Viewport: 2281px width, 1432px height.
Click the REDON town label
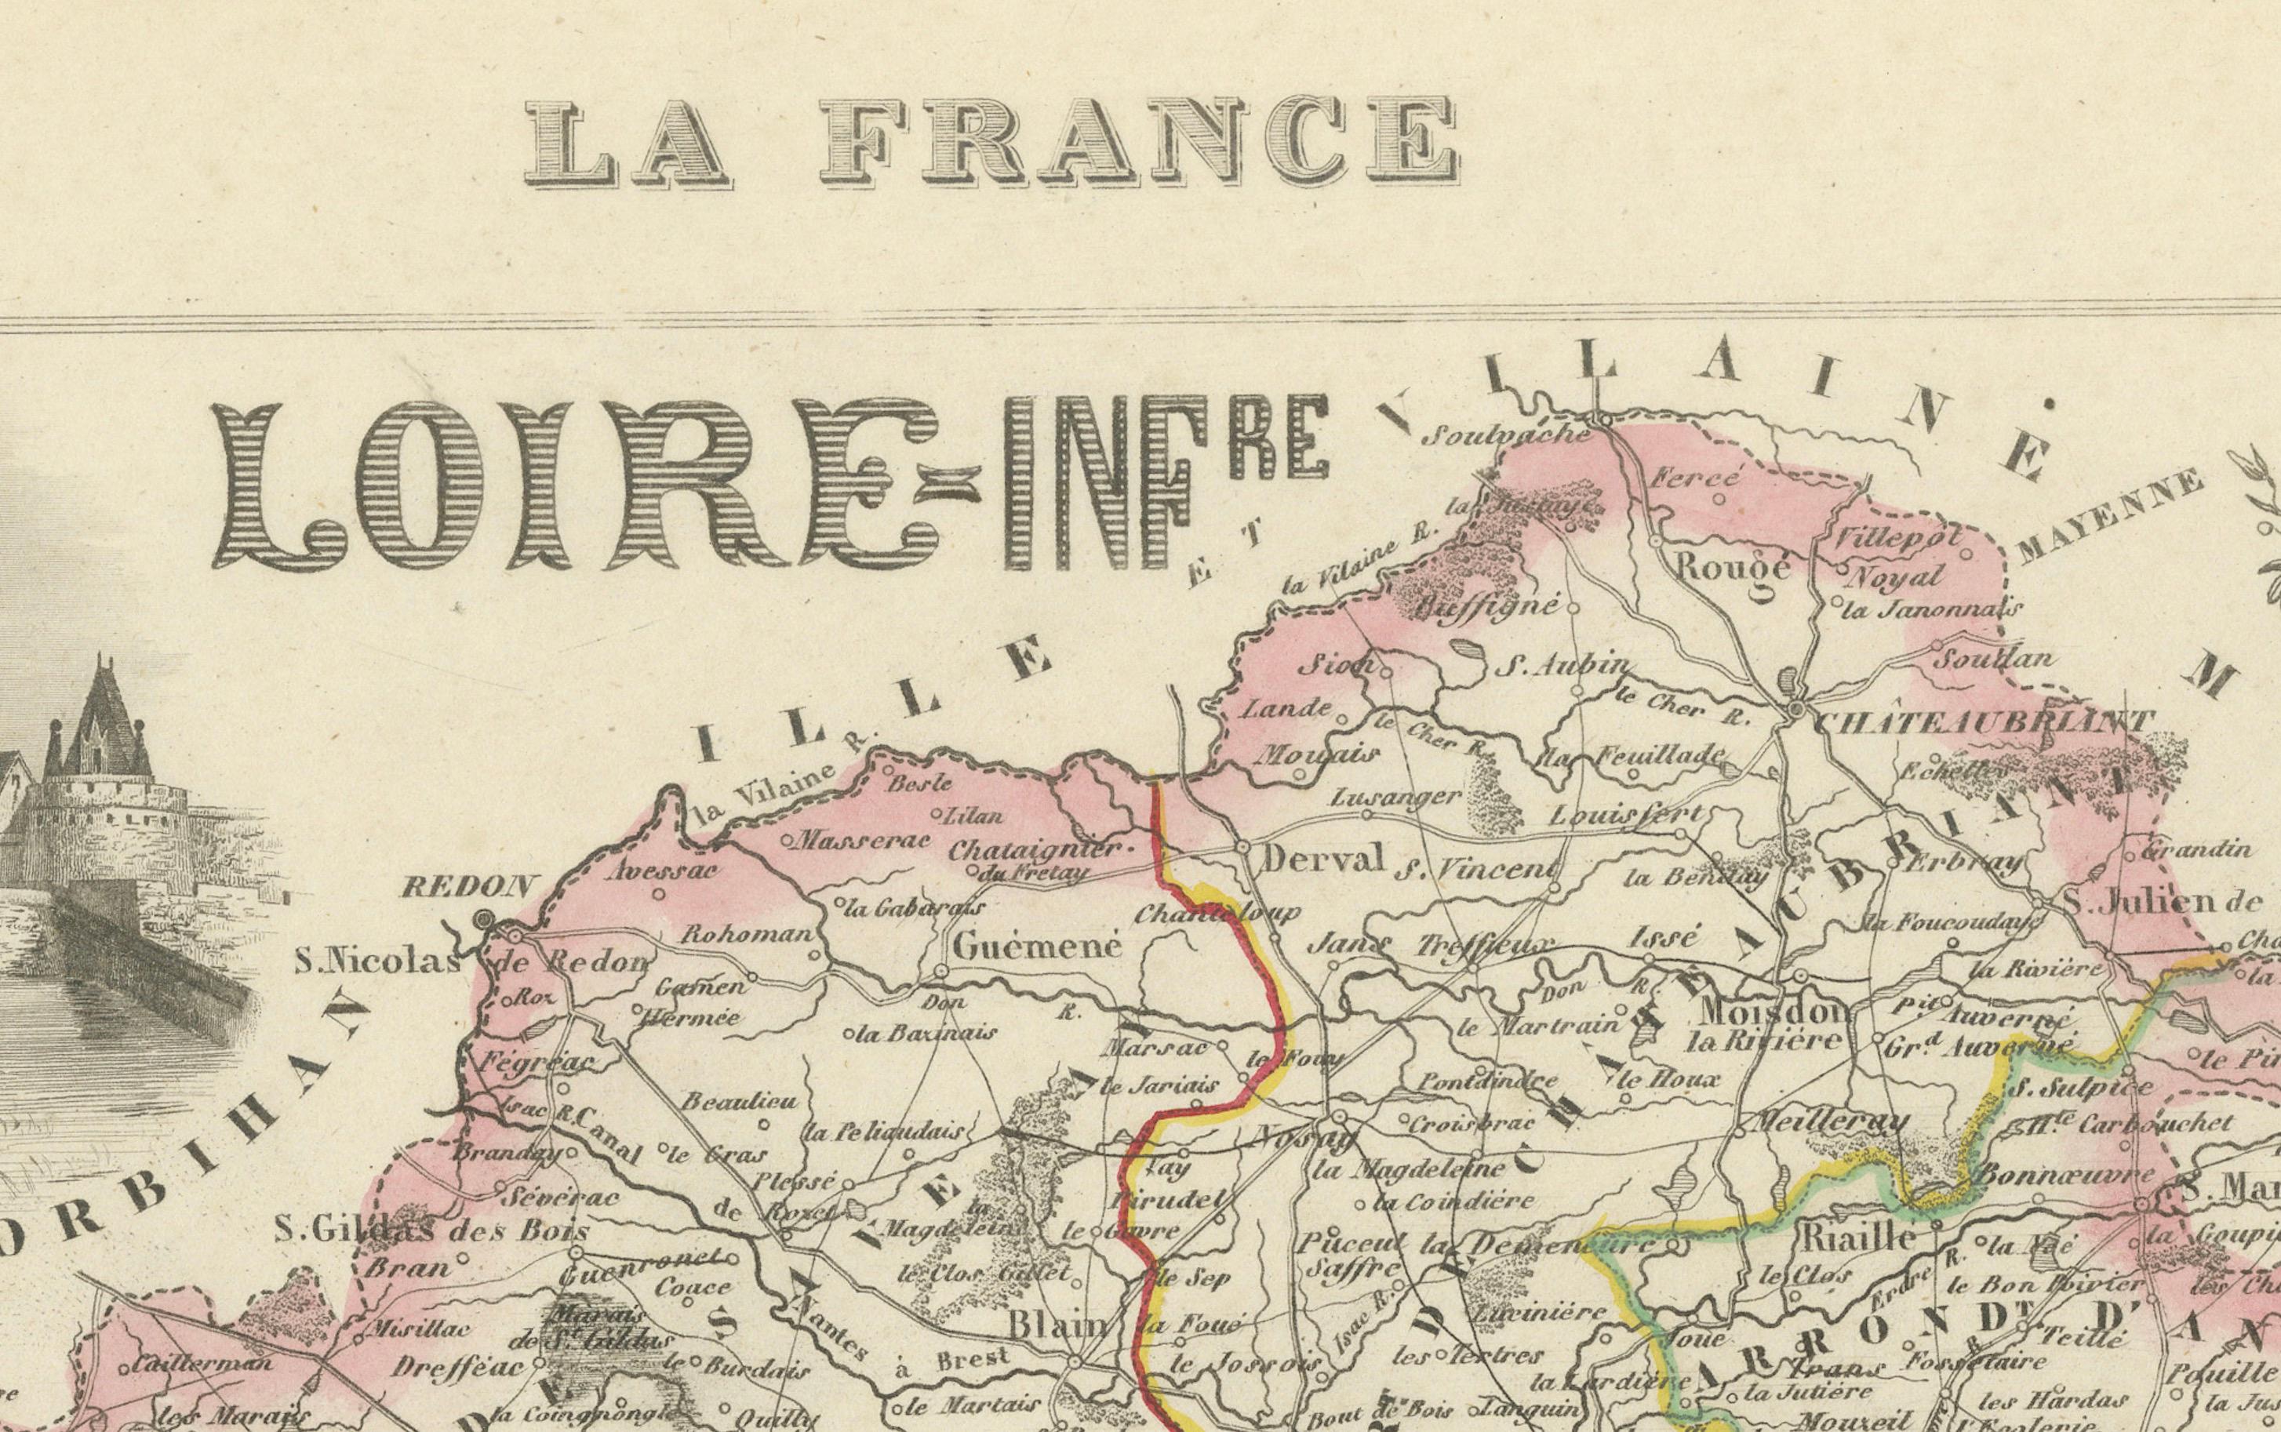click(468, 888)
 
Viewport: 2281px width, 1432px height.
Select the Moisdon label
click(1772, 1012)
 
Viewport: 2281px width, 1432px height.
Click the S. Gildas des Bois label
click(432, 1231)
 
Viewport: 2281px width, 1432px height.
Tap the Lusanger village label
click(1395, 798)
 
